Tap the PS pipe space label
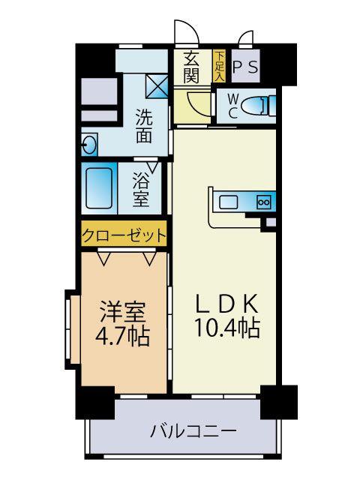(x=245, y=67)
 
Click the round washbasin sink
(x=89, y=145)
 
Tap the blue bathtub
(x=100, y=188)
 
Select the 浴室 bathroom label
(x=141, y=190)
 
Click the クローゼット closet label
(x=124, y=235)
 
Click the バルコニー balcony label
(x=193, y=431)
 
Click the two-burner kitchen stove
(x=263, y=201)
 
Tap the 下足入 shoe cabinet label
(x=219, y=66)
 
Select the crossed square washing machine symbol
(x=157, y=86)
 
